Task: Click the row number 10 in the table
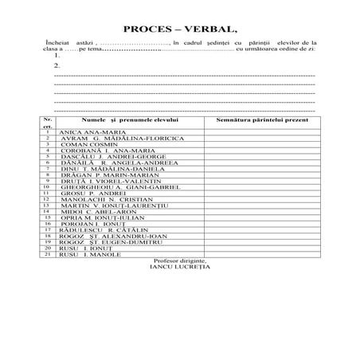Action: pyautogui.click(x=48, y=187)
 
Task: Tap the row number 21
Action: pyautogui.click(x=48, y=255)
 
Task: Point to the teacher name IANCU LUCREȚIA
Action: pyautogui.click(x=181, y=267)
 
